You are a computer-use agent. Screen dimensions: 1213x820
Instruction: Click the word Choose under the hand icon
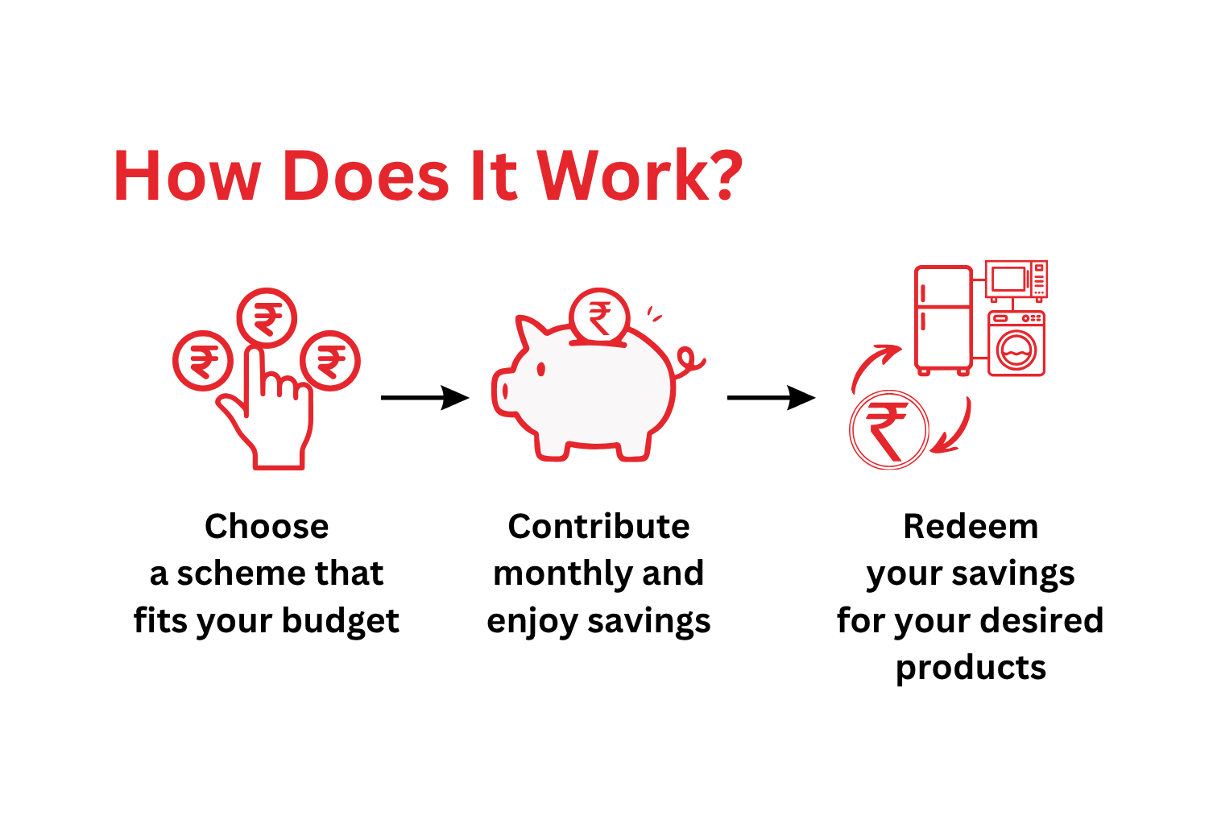[x=267, y=526]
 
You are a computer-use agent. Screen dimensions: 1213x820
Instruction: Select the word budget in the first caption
[x=341, y=621]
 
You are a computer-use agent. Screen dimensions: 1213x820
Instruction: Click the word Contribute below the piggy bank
[x=598, y=526]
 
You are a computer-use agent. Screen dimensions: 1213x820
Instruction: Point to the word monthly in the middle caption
[x=563, y=575]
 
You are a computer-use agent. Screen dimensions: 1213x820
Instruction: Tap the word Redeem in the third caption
[x=971, y=526]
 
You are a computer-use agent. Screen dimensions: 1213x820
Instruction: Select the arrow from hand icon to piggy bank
[x=424, y=398]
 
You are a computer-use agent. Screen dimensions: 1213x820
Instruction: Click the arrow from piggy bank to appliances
[x=771, y=398]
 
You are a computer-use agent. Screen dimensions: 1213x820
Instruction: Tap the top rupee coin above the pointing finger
[x=267, y=318]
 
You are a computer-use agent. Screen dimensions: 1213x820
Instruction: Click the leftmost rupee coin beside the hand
[x=202, y=361]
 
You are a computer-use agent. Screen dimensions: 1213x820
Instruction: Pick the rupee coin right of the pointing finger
[x=330, y=361]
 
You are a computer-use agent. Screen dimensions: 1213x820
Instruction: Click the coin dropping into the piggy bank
[x=599, y=317]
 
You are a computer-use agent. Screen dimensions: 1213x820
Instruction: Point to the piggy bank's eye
[x=540, y=369]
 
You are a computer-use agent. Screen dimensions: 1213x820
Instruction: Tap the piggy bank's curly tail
[x=689, y=361]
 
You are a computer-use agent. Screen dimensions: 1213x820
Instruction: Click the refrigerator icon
[x=943, y=320]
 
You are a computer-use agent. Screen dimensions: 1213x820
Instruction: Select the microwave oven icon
[x=1016, y=280]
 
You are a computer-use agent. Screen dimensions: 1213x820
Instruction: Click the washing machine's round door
[x=1016, y=350]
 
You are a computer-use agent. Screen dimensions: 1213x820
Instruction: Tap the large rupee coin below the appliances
[x=888, y=429]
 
